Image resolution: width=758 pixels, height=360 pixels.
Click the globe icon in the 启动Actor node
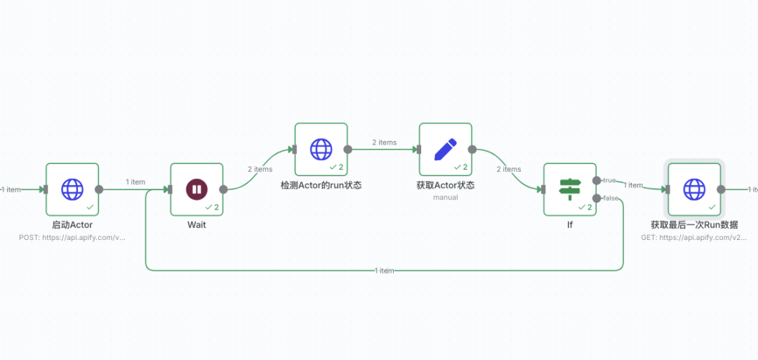pos(72,189)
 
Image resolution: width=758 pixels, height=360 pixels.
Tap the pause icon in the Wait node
pos(197,189)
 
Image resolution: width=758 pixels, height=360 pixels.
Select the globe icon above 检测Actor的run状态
pos(321,149)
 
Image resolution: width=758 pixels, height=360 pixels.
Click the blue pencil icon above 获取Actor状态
pos(445,149)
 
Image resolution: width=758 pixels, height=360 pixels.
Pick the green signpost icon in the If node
pos(569,188)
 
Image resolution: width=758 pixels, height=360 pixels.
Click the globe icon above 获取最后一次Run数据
pos(694,189)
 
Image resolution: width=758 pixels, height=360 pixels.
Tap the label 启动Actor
pos(72,225)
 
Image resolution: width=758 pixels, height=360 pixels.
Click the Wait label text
pos(197,225)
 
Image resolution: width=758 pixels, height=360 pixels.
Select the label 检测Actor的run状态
pos(321,185)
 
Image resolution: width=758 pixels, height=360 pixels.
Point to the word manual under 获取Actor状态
pos(445,198)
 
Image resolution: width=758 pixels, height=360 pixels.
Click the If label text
pos(570,225)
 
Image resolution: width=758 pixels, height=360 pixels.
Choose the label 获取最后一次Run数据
pos(694,225)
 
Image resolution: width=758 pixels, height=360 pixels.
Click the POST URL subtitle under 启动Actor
pos(72,238)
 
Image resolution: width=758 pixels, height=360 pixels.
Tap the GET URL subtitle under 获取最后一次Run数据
pos(694,238)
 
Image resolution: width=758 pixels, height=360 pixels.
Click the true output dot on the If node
pos(597,180)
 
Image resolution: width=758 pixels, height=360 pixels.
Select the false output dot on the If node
pos(597,198)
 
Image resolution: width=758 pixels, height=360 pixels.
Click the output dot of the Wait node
pos(223,189)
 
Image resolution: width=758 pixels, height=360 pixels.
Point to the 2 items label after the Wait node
pos(260,169)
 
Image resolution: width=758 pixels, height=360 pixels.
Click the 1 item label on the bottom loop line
pos(384,270)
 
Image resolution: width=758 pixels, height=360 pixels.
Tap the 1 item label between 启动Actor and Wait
pos(135,182)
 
